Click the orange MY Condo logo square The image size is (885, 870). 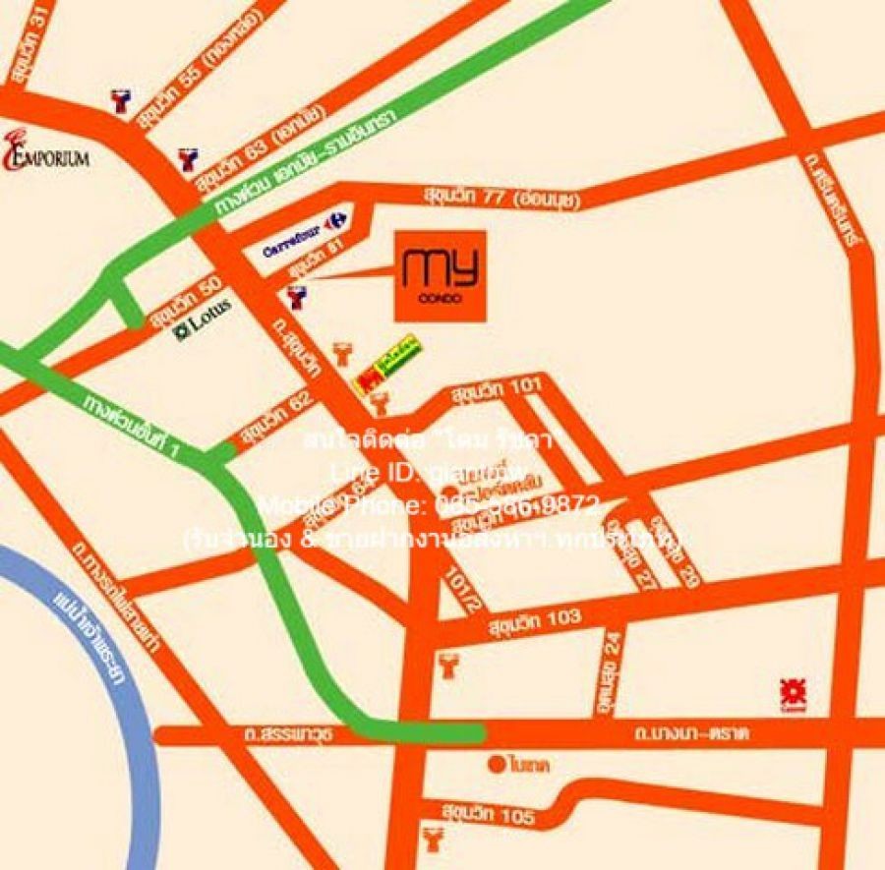pyautogui.click(x=440, y=275)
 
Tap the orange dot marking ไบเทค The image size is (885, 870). pyautogui.click(x=497, y=763)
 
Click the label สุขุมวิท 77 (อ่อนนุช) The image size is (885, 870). pyautogui.click(x=502, y=197)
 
